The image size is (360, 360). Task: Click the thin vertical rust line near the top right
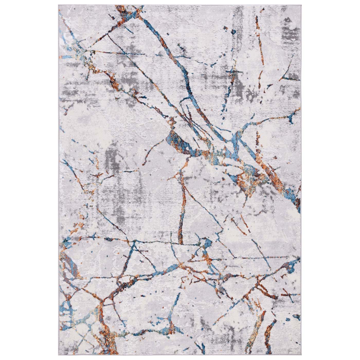point(257,33)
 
